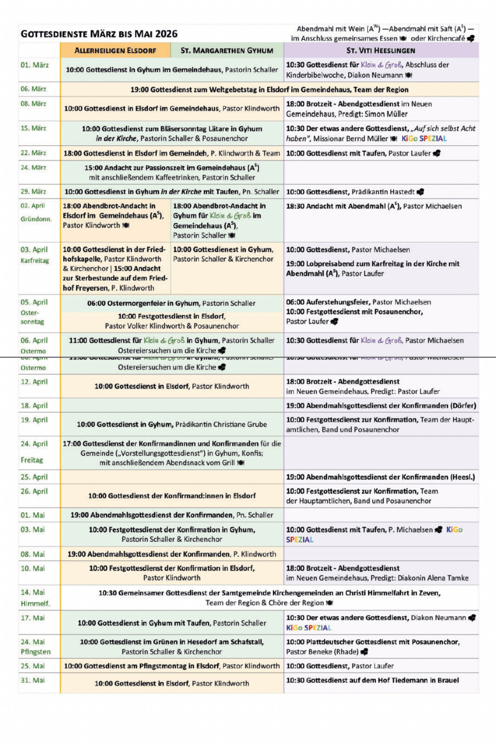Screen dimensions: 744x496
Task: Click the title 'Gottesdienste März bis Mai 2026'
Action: point(99,34)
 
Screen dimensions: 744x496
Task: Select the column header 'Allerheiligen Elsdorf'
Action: point(115,50)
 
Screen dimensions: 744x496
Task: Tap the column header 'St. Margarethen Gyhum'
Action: point(227,50)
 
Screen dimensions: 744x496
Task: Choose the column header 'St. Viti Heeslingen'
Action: point(381,50)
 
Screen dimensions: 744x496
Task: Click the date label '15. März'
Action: point(33,128)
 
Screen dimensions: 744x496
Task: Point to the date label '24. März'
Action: point(33,168)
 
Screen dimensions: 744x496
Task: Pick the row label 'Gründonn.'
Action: point(36,219)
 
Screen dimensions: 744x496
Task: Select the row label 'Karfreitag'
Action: point(35,261)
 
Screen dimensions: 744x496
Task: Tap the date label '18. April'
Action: point(34,406)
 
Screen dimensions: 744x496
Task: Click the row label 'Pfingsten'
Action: point(36,652)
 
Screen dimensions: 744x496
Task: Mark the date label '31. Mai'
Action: point(33,680)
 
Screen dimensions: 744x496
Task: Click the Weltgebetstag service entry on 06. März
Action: point(269,90)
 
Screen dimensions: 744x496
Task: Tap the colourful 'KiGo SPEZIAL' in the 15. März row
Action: point(424,139)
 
